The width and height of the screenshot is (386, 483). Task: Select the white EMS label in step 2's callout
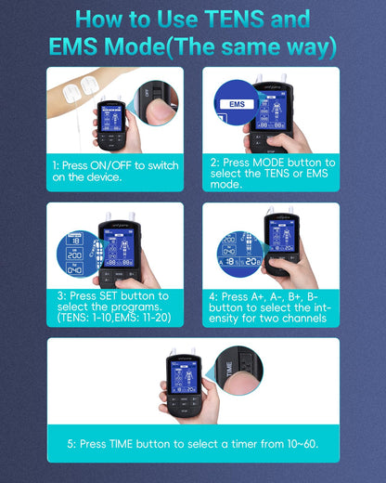237,93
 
